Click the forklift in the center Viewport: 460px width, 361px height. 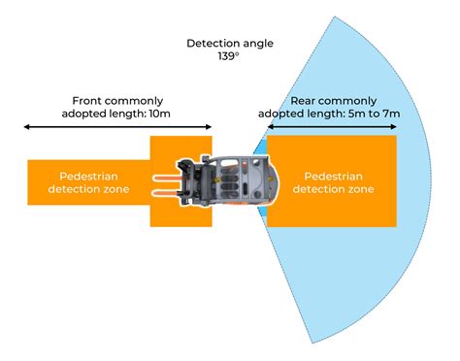[229, 181]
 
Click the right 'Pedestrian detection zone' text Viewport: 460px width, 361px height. [334, 182]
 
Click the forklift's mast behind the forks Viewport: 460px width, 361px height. [191, 181]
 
